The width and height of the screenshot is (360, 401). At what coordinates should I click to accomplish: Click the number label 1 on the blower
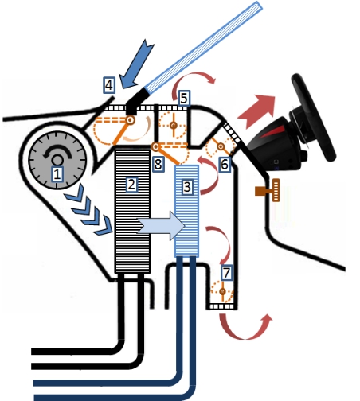(x=57, y=173)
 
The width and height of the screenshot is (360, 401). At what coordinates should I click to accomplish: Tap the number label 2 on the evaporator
(x=133, y=185)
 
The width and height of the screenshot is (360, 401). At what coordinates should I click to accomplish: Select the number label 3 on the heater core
(x=187, y=189)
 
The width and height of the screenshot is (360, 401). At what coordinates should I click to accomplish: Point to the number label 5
(x=184, y=98)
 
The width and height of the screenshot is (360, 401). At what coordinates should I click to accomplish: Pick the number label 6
(x=224, y=164)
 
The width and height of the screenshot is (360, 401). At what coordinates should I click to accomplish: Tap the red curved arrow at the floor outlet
(x=246, y=326)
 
